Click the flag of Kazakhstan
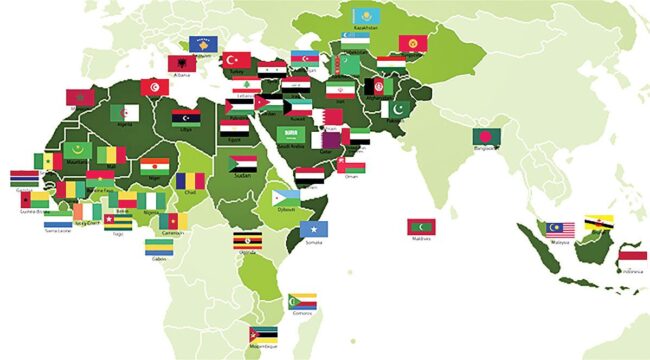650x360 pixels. [366, 16]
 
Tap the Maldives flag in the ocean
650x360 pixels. [421, 226]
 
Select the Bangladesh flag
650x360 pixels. [487, 136]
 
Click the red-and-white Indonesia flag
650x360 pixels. [632, 259]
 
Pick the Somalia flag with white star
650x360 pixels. [314, 228]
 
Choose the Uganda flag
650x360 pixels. [247, 241]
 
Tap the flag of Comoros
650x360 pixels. [302, 301]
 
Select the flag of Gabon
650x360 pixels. [159, 247]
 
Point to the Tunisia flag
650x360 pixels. [154, 87]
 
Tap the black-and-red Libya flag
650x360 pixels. [186, 117]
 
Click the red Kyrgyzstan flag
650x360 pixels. [413, 43]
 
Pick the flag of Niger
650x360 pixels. [154, 165]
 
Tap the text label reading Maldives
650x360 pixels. [421, 238]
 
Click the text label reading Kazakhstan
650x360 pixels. [366, 28]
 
